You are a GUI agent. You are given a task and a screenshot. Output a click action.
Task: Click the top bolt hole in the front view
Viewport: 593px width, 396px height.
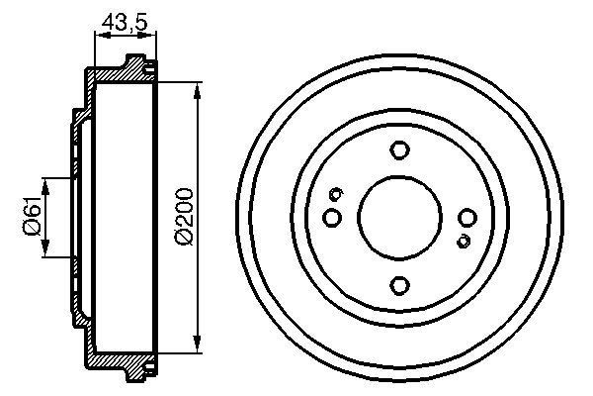(x=399, y=150)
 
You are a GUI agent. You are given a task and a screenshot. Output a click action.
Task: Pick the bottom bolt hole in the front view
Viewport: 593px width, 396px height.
(x=399, y=285)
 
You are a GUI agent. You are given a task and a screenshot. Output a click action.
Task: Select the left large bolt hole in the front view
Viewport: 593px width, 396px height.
(x=332, y=217)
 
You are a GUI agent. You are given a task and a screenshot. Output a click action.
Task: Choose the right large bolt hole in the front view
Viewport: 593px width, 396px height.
(x=466, y=218)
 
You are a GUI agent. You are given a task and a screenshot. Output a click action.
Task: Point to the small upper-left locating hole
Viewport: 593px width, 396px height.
(x=336, y=193)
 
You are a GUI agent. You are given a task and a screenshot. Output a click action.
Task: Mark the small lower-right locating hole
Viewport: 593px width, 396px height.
(x=463, y=241)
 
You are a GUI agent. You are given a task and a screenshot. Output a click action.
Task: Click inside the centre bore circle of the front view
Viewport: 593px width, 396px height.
(x=399, y=218)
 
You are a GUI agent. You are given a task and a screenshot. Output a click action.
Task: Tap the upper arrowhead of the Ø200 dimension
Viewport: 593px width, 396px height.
(x=198, y=90)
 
